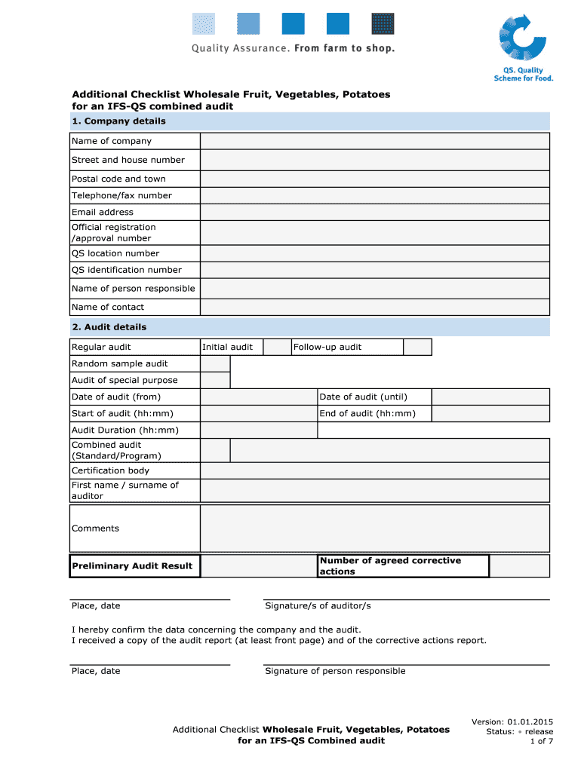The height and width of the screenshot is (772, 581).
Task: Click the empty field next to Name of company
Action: [x=374, y=142]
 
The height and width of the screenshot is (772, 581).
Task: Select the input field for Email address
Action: [x=374, y=213]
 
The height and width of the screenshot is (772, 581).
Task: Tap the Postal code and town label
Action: [x=118, y=179]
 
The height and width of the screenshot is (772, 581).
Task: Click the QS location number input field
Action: [x=374, y=254]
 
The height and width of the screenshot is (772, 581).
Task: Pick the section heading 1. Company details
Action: [x=118, y=121]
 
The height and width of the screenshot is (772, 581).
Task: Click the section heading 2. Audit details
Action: [x=109, y=327]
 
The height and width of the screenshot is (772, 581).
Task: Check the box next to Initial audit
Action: [x=277, y=348]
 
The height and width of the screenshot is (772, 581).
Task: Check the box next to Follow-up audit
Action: [x=417, y=348]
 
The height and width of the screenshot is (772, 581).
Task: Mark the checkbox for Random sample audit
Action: [x=215, y=364]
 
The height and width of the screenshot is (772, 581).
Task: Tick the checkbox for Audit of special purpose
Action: [x=215, y=381]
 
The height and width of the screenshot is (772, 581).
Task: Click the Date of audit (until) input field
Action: [x=490, y=397]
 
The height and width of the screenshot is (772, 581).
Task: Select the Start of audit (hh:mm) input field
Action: [x=258, y=414]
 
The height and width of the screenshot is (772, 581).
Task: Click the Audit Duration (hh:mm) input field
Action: [x=258, y=430]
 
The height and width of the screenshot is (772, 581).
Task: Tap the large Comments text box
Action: [x=374, y=528]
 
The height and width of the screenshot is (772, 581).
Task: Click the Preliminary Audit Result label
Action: [x=132, y=566]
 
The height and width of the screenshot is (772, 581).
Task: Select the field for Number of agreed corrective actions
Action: [x=519, y=566]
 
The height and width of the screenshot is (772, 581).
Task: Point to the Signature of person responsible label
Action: [x=335, y=671]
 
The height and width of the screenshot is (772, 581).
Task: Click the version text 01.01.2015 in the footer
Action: [x=530, y=721]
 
